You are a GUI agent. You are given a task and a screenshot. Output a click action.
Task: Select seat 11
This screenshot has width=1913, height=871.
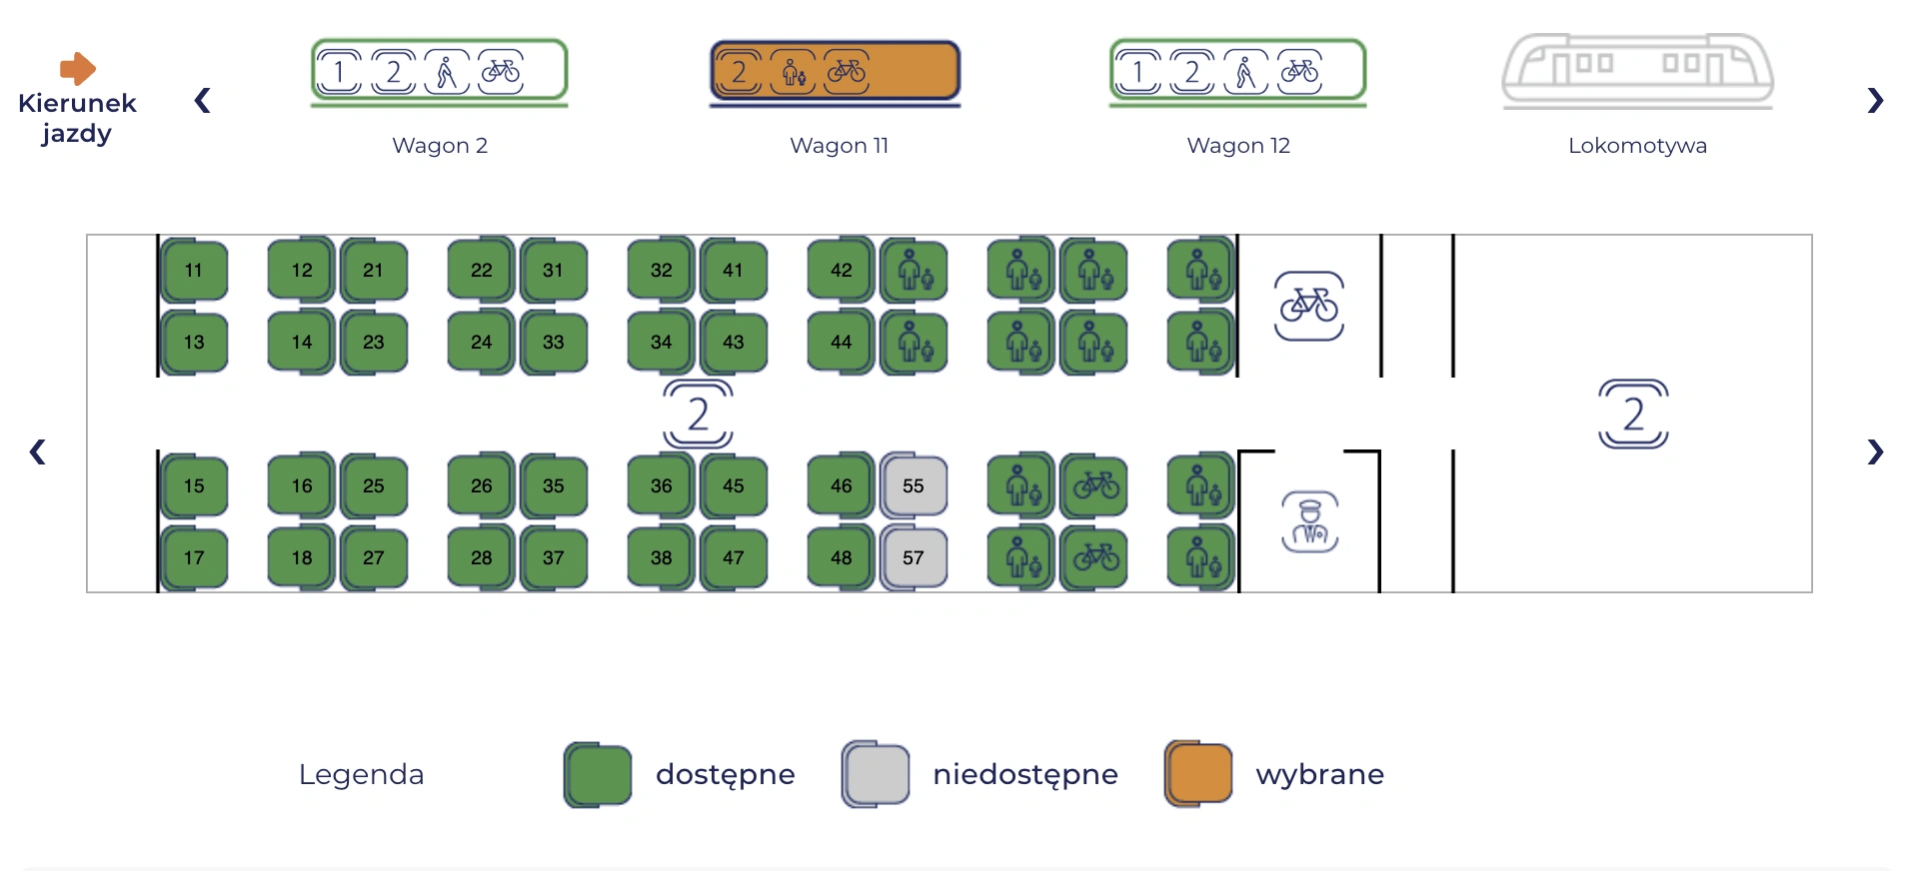pos(194,270)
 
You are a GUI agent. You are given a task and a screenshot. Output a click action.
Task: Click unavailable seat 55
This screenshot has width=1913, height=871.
pos(914,485)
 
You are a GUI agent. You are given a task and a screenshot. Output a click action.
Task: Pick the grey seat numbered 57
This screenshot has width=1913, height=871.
pos(914,557)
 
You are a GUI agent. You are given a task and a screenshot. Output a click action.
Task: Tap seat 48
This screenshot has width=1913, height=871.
pos(842,557)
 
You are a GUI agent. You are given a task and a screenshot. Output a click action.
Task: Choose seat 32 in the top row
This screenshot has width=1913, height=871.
pos(662,270)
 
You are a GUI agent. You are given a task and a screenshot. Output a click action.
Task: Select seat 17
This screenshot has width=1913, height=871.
pos(194,557)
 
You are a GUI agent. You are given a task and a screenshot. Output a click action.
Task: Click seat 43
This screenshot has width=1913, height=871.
pos(734,342)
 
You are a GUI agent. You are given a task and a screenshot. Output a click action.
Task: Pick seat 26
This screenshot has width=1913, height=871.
pos(482,485)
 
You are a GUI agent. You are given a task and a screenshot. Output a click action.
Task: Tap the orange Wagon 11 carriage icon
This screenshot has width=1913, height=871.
pos(836,72)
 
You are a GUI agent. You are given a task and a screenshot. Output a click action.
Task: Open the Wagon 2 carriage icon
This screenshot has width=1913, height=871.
pos(440,72)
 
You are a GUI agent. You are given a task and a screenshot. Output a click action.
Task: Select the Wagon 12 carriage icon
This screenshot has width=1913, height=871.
pos(1238,72)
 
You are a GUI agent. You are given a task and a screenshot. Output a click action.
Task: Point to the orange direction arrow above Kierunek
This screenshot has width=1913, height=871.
pos(78,69)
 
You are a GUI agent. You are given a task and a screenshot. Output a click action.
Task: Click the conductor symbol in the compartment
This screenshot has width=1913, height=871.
pos(1310,521)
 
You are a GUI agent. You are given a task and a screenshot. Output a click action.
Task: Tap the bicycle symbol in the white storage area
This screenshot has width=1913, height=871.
pos(1309,306)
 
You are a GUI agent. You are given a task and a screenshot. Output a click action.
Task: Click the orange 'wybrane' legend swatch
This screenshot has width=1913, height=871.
pos(1198,774)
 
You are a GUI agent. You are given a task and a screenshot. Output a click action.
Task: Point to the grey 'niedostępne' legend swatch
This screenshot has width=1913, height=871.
pos(876,774)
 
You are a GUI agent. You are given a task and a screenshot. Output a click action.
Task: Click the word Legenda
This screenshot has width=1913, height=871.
pos(361,774)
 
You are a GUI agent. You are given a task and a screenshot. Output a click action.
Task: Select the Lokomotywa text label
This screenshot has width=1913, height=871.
pos(1637,146)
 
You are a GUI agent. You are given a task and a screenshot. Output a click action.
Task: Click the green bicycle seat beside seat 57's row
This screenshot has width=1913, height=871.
pos(1095,557)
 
